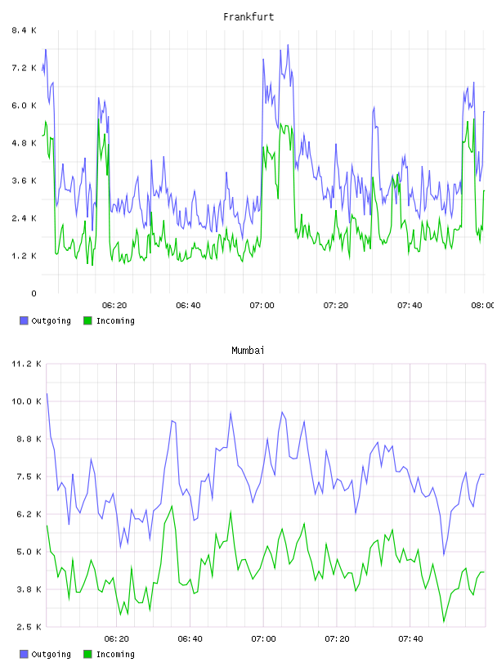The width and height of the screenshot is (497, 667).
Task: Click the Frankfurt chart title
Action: (x=248, y=17)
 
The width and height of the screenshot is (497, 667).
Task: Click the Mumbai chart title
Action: (x=248, y=351)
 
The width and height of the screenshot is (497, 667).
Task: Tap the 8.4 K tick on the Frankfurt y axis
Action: (x=24, y=30)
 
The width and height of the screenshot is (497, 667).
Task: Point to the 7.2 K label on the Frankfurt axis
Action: (x=24, y=68)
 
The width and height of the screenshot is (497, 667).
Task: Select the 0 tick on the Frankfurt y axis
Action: (x=34, y=293)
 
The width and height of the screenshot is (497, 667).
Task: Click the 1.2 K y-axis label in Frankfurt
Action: (x=24, y=256)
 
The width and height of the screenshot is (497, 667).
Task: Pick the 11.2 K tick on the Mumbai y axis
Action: (x=26, y=364)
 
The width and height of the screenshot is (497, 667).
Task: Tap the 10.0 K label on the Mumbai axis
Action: (x=26, y=401)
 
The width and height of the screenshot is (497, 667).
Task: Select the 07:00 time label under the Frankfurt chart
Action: (x=262, y=306)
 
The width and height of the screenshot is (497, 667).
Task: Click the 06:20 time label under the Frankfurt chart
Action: (x=114, y=306)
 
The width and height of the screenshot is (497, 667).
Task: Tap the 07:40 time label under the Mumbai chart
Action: (x=410, y=639)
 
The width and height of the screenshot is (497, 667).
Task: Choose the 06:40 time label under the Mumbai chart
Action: (x=190, y=639)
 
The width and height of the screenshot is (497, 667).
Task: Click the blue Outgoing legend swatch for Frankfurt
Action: (x=24, y=320)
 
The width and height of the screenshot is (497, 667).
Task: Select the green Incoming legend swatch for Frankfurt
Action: (x=87, y=320)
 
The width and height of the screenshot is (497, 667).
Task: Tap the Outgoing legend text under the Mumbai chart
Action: (x=51, y=655)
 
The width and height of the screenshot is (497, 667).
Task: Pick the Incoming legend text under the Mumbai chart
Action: (x=115, y=655)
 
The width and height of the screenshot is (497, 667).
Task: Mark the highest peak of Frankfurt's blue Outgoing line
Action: (x=288, y=44)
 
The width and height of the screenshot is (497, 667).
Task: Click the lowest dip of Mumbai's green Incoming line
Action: (x=444, y=622)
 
